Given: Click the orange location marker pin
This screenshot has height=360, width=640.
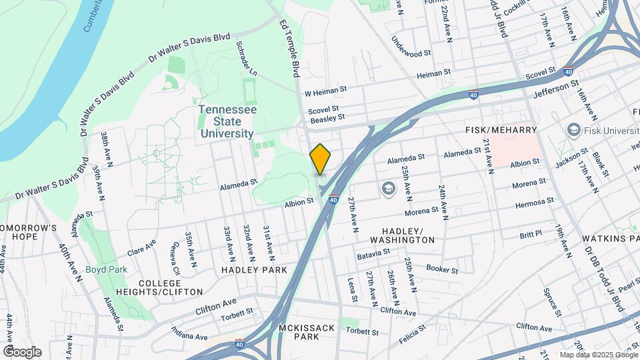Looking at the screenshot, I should (321, 159).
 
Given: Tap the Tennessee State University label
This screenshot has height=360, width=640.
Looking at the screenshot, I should (227, 121).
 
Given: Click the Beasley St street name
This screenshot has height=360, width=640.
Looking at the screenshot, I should (327, 117).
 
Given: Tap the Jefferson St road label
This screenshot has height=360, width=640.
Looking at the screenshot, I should (557, 87).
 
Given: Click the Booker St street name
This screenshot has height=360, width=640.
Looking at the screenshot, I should (442, 269).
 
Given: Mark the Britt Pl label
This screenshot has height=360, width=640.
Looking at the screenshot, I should (531, 235).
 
